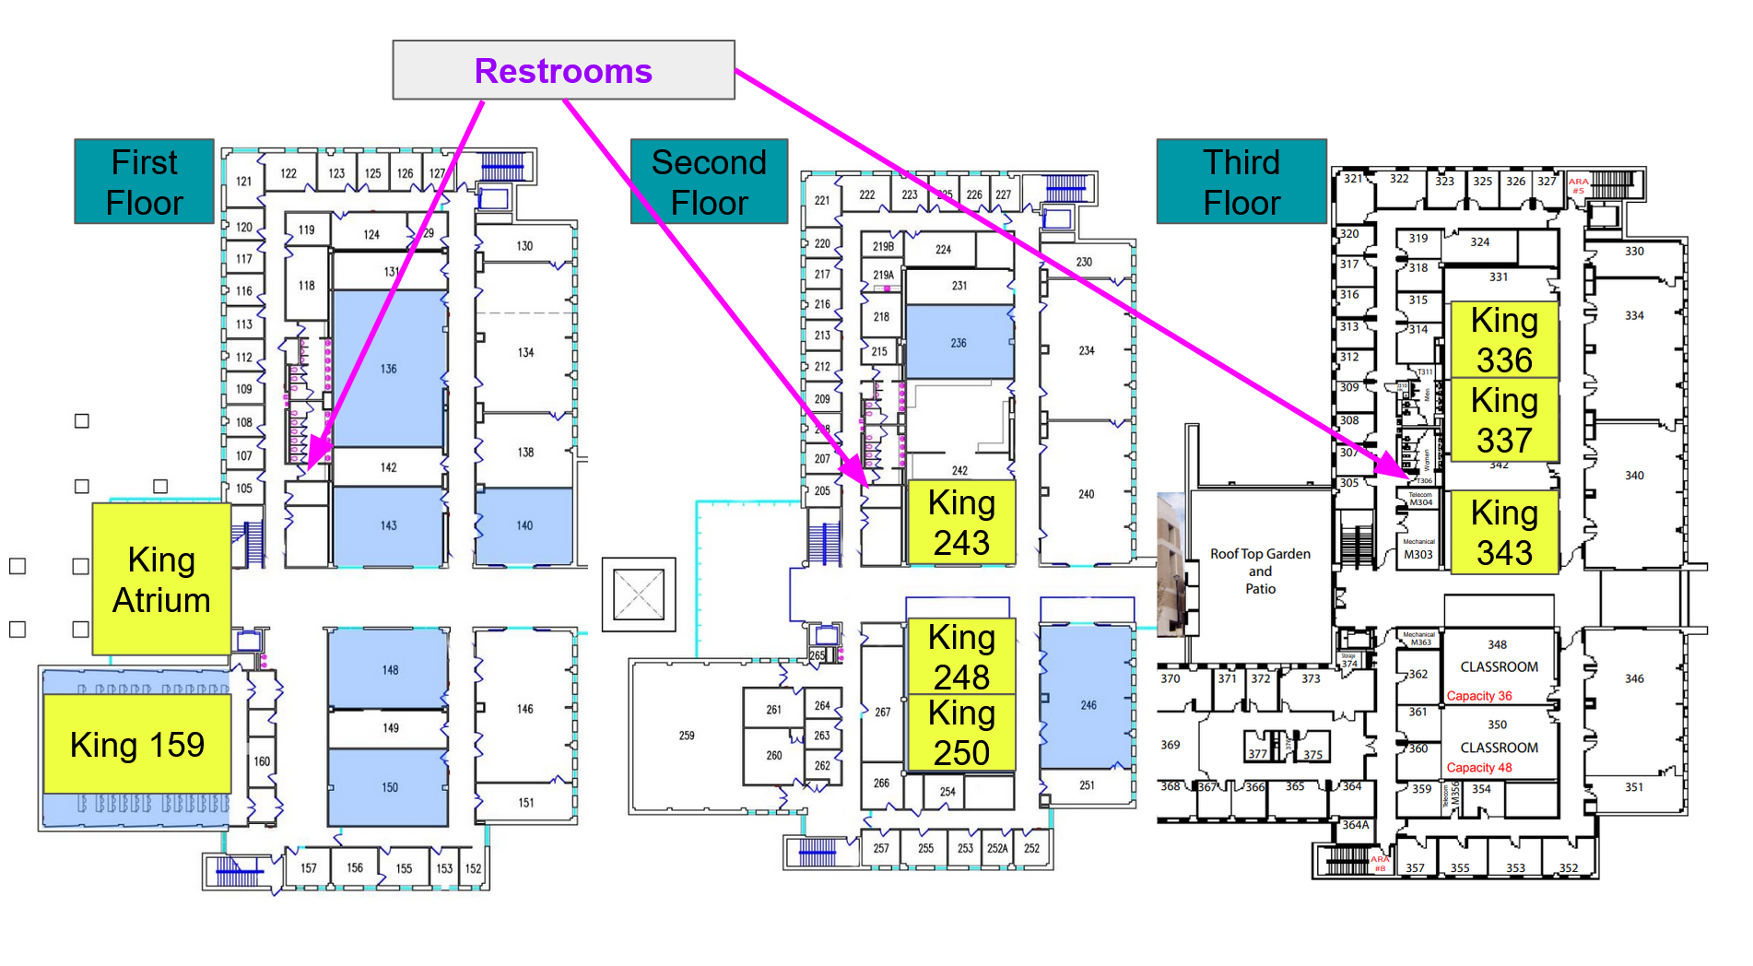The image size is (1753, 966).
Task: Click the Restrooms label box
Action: coord(563,70)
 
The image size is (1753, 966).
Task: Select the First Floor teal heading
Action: coord(145,182)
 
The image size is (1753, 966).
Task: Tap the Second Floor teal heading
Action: coord(709,182)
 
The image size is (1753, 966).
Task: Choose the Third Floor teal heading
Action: coord(1241,182)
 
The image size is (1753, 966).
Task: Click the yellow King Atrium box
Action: coord(161,580)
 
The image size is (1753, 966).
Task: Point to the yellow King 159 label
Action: coord(137,744)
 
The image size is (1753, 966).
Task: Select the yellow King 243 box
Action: coord(961,523)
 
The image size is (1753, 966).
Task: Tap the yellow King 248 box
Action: coord(961,656)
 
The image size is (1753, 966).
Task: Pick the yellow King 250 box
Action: coord(961,733)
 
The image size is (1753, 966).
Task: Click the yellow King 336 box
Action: coord(1504,339)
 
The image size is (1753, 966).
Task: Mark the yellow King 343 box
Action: coord(1504,533)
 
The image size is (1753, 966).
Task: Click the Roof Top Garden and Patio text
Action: coord(1260,571)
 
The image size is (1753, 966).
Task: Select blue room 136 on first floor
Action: coord(389,369)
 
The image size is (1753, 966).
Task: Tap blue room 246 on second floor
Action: coord(1088,704)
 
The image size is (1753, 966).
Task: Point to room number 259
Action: coord(687,736)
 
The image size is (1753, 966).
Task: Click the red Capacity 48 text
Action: coord(1478,768)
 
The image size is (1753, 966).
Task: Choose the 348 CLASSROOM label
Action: coord(1499,656)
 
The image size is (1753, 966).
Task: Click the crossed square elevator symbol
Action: coord(639,595)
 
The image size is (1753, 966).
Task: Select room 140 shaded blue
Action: coord(524,525)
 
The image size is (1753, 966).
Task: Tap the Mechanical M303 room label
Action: coord(1418,550)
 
